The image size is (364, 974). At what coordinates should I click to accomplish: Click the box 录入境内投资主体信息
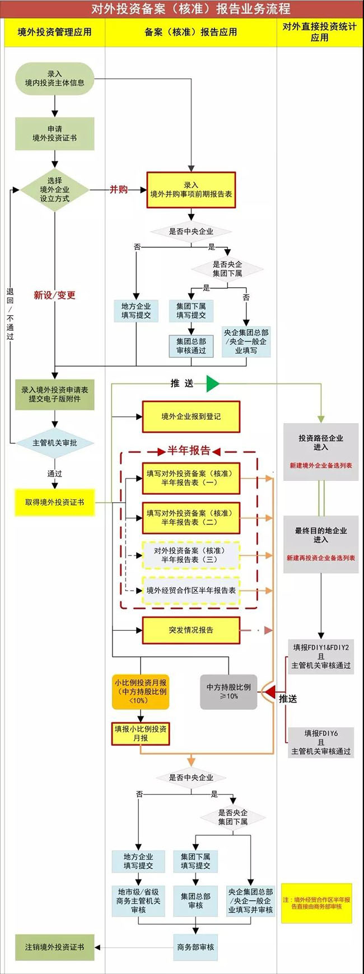point(54,78)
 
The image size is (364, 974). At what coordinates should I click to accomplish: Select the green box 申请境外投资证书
point(54,133)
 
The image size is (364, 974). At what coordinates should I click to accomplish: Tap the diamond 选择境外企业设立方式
point(54,190)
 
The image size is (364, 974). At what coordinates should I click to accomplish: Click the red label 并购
point(119,190)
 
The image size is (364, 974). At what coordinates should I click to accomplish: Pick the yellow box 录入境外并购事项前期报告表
point(191,190)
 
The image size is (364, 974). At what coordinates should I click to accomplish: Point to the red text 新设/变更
point(54,295)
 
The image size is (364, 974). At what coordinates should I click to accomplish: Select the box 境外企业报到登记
point(191,416)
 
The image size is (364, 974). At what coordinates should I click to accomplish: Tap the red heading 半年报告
point(189,451)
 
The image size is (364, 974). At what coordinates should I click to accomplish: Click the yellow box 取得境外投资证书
point(54,502)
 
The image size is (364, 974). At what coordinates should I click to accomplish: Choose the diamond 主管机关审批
point(54,443)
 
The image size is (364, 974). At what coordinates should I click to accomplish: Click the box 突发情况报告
point(191,630)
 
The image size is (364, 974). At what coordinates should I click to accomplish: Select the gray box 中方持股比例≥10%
point(228,692)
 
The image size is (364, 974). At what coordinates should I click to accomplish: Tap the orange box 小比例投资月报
point(140,691)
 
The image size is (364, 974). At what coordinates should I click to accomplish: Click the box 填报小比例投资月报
point(140,733)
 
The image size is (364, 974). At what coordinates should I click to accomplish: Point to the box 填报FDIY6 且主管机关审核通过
point(321,742)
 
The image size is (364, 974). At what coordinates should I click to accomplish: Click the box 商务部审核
point(195,947)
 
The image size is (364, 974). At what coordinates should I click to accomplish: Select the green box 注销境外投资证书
point(54,947)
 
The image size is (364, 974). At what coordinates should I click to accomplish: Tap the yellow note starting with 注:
point(316,903)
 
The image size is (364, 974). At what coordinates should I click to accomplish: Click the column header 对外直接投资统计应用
point(319,32)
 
